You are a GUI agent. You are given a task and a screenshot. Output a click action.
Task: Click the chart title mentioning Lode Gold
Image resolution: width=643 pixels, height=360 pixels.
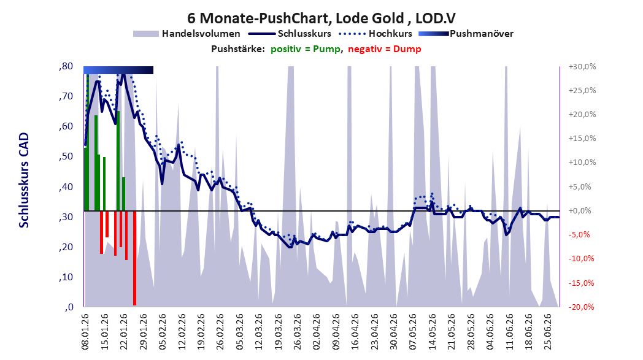(x=321, y=18)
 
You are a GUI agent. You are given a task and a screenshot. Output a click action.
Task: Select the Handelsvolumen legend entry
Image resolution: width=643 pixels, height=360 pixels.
(x=187, y=34)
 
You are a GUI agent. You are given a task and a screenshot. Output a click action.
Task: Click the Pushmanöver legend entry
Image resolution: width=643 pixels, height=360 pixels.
(x=466, y=34)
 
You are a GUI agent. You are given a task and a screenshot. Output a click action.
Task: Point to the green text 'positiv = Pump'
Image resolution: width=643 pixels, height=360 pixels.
(x=305, y=49)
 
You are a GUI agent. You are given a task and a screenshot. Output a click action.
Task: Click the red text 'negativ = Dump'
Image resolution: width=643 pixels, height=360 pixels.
(x=384, y=49)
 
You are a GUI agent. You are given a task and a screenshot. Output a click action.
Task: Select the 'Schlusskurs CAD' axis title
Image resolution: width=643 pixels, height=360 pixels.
(x=24, y=180)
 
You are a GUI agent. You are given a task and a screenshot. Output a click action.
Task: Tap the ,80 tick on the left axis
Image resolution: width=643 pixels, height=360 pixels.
(x=66, y=66)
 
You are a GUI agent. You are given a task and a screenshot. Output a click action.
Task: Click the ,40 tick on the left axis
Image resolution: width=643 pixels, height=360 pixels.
(x=66, y=186)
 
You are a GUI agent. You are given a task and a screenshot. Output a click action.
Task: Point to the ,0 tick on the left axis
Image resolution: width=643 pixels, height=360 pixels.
(x=69, y=307)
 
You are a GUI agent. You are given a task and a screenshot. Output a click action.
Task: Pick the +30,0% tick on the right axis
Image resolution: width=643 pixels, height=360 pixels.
(x=582, y=66)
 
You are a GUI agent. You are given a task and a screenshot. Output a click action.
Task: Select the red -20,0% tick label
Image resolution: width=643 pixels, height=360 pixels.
(x=582, y=307)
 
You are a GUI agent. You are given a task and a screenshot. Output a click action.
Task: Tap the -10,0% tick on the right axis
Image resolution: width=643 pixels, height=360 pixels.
(x=582, y=259)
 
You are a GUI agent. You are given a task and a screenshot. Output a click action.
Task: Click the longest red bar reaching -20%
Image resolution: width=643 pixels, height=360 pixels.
(x=134, y=258)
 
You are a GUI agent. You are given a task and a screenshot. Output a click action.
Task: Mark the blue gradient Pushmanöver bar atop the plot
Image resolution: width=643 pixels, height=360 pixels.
(x=118, y=70)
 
